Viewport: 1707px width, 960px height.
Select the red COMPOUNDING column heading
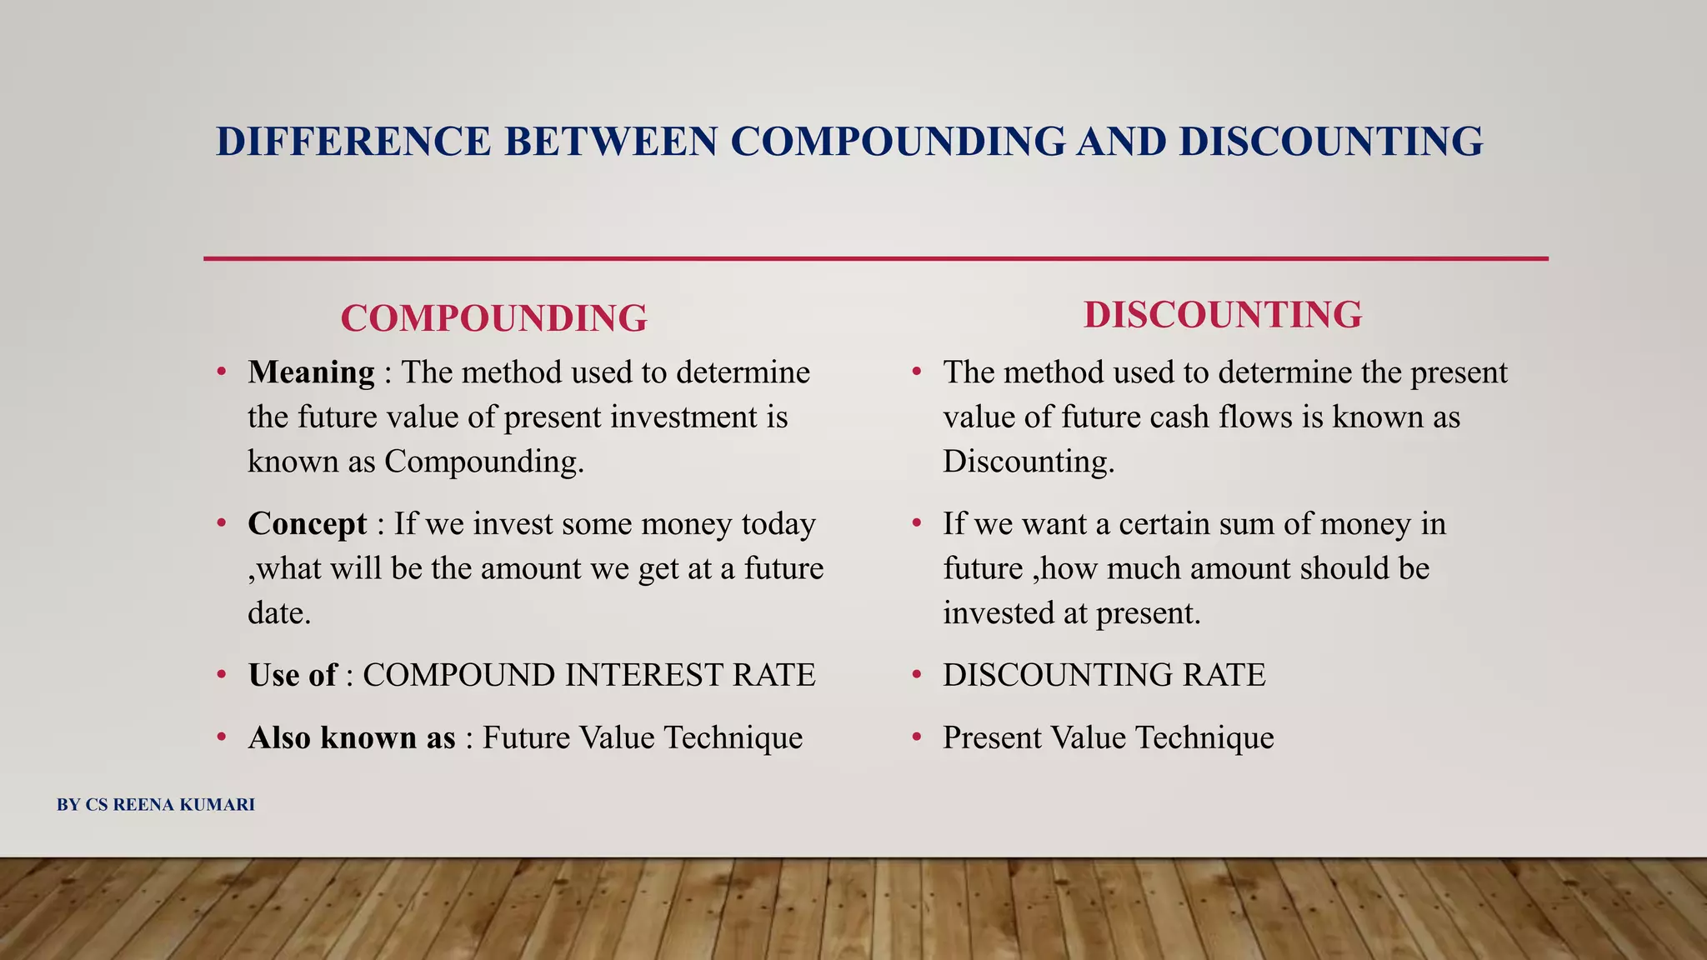click(493, 318)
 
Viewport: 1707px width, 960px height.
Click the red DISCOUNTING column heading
click(1223, 315)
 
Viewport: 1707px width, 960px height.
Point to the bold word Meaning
click(311, 372)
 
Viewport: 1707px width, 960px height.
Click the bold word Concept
click(307, 523)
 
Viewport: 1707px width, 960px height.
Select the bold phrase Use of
click(292, 675)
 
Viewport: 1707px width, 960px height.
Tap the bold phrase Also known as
click(351, 737)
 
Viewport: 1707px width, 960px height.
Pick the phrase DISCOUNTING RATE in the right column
click(1104, 675)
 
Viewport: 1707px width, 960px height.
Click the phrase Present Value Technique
click(1108, 737)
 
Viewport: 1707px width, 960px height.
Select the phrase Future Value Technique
click(642, 737)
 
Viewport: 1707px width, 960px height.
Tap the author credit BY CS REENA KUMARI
click(156, 805)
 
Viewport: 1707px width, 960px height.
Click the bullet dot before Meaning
click(222, 372)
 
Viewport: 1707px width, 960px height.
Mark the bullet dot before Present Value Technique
click(917, 737)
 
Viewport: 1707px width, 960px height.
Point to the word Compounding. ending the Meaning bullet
click(484, 462)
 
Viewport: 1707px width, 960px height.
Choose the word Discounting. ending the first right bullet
click(1029, 462)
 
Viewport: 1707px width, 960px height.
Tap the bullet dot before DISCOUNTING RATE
click(917, 675)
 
